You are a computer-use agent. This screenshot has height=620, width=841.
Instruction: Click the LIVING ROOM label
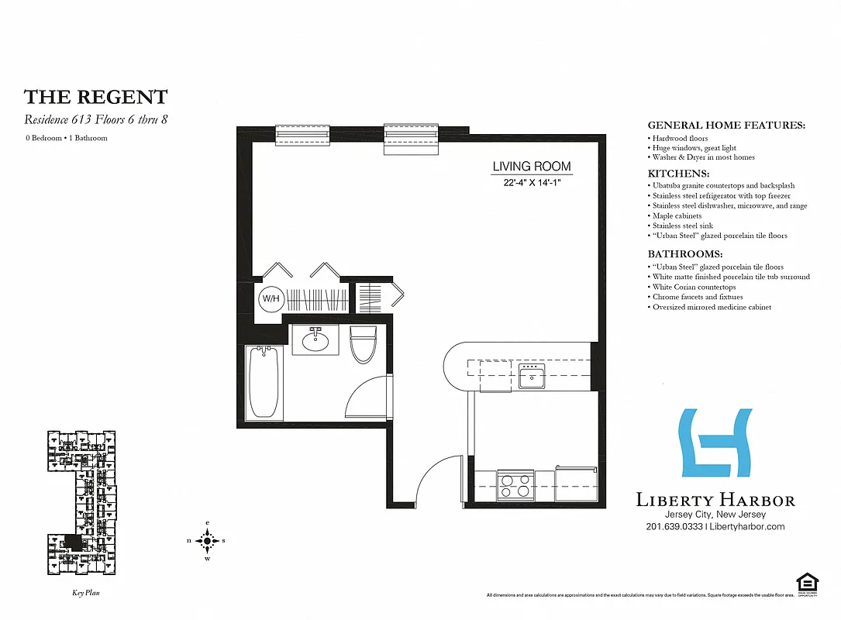(532, 166)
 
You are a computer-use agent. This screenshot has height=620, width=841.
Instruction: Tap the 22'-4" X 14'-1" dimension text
(532, 183)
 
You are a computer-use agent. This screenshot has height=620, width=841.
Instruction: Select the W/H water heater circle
(270, 298)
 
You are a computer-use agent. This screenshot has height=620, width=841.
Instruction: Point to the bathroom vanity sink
(315, 340)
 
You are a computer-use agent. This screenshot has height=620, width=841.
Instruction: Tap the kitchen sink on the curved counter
(532, 376)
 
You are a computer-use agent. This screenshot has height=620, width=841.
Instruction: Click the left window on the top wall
(304, 135)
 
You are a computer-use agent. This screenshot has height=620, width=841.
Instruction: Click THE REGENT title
(95, 97)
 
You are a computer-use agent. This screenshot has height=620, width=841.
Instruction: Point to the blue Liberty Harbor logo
(715, 443)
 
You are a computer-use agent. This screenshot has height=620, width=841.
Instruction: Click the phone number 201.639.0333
(673, 526)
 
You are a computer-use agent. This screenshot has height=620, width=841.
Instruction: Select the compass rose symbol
(207, 540)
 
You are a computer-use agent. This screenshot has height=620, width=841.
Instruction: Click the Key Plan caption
(81, 593)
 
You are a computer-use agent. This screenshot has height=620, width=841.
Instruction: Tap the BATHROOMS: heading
(684, 253)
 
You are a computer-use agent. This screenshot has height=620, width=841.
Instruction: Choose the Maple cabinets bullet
(677, 215)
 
